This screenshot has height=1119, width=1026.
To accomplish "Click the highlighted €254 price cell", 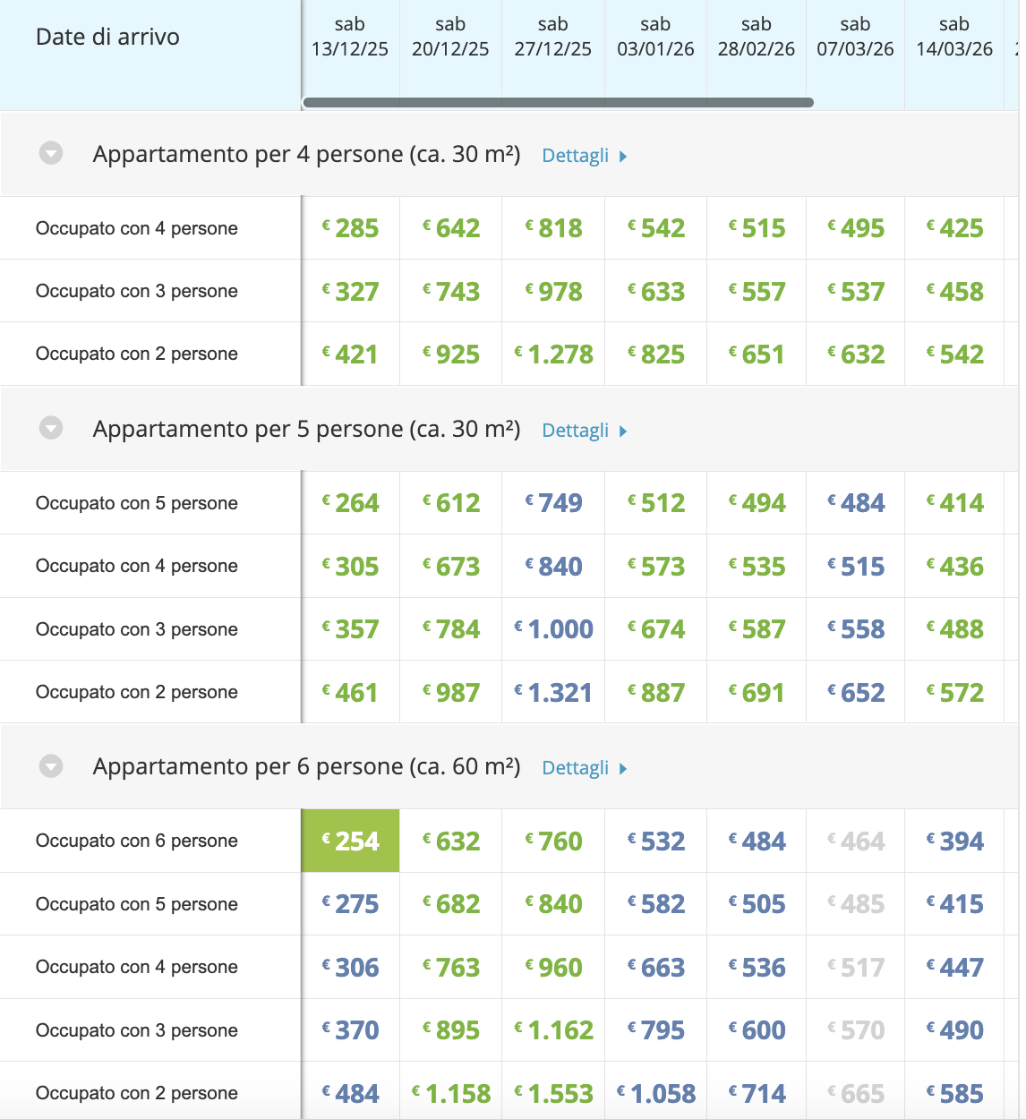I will point(350,841).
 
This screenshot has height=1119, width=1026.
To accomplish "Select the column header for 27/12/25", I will point(552,38).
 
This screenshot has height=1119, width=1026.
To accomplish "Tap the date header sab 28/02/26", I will point(756,38).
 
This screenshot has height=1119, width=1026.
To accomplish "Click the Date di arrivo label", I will point(107,38).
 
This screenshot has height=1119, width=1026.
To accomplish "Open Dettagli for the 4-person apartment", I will point(584,156).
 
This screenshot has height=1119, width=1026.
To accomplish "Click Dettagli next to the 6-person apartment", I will point(584,768).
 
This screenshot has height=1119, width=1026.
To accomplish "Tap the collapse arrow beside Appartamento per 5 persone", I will point(51,429).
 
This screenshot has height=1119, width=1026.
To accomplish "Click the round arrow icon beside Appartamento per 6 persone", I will point(51,766).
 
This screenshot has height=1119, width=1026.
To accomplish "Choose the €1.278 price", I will point(553,354).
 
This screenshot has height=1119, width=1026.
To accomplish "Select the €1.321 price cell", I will point(553,693).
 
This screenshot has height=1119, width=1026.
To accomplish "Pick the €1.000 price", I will point(553,629).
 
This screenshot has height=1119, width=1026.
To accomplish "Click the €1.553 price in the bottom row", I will point(553,1094).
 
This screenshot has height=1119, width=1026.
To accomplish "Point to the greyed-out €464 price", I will point(856,841).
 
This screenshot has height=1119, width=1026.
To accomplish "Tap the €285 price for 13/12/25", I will point(350,228).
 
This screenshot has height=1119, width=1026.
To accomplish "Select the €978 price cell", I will point(553,292).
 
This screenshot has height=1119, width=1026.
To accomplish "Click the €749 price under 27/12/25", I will point(553,503).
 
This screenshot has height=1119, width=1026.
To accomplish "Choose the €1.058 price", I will point(656,1094).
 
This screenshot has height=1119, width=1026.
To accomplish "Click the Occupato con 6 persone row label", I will point(137,841).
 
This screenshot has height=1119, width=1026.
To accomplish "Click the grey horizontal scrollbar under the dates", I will point(558,102).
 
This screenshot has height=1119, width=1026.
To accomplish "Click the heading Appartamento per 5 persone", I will point(306,429).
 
